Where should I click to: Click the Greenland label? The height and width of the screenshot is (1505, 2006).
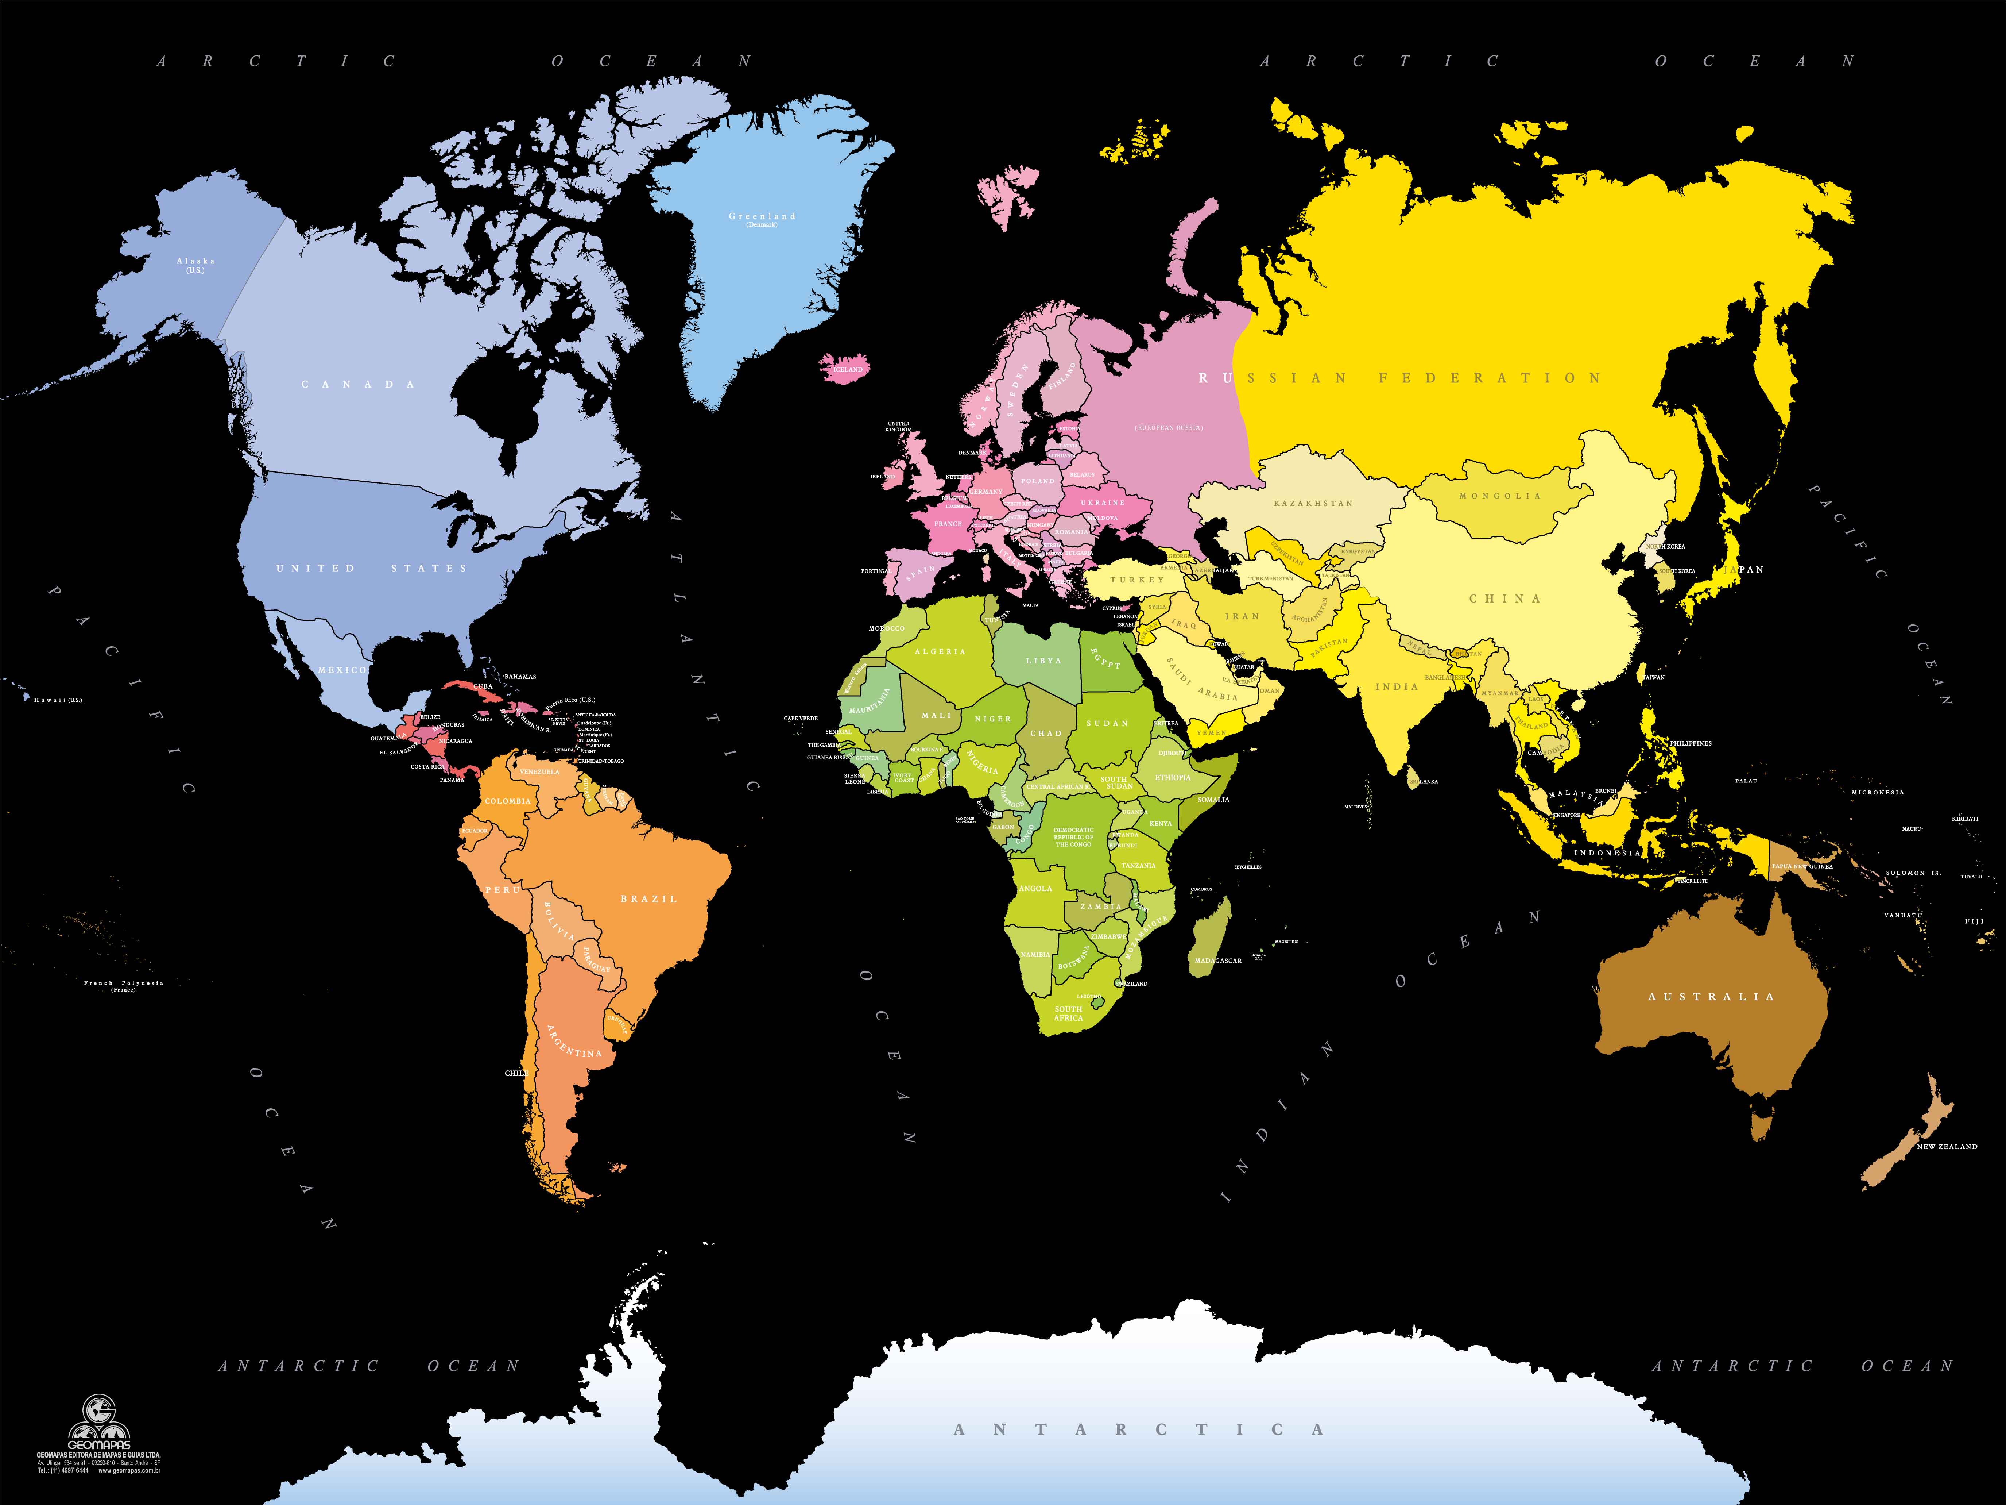(x=762, y=217)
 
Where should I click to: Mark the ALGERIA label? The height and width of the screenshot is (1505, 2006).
(x=940, y=651)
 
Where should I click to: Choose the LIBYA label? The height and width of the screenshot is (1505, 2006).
(x=1043, y=661)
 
